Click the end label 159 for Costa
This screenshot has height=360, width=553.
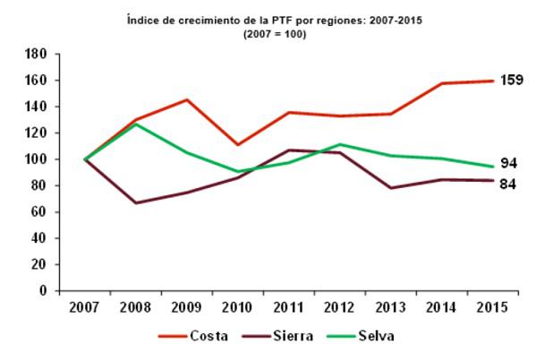coord(511,81)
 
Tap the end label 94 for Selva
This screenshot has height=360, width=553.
coord(508,163)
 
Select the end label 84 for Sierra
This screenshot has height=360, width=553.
coord(508,184)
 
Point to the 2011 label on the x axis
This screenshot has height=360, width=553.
coord(288,307)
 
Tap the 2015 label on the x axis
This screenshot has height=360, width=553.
coord(491,307)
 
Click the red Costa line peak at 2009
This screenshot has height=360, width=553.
coord(187,99)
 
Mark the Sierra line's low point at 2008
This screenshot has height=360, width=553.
coord(136,202)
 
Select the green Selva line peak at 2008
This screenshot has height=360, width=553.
coord(136,124)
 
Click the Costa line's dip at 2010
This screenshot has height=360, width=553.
coord(238,145)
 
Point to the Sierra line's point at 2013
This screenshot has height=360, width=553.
coord(390,188)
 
